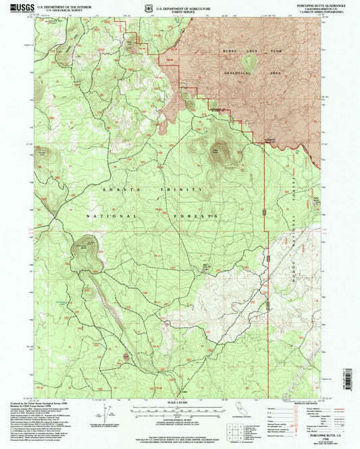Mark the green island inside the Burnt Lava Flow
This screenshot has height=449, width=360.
(x=249, y=62)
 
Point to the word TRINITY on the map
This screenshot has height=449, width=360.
(x=182, y=191)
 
